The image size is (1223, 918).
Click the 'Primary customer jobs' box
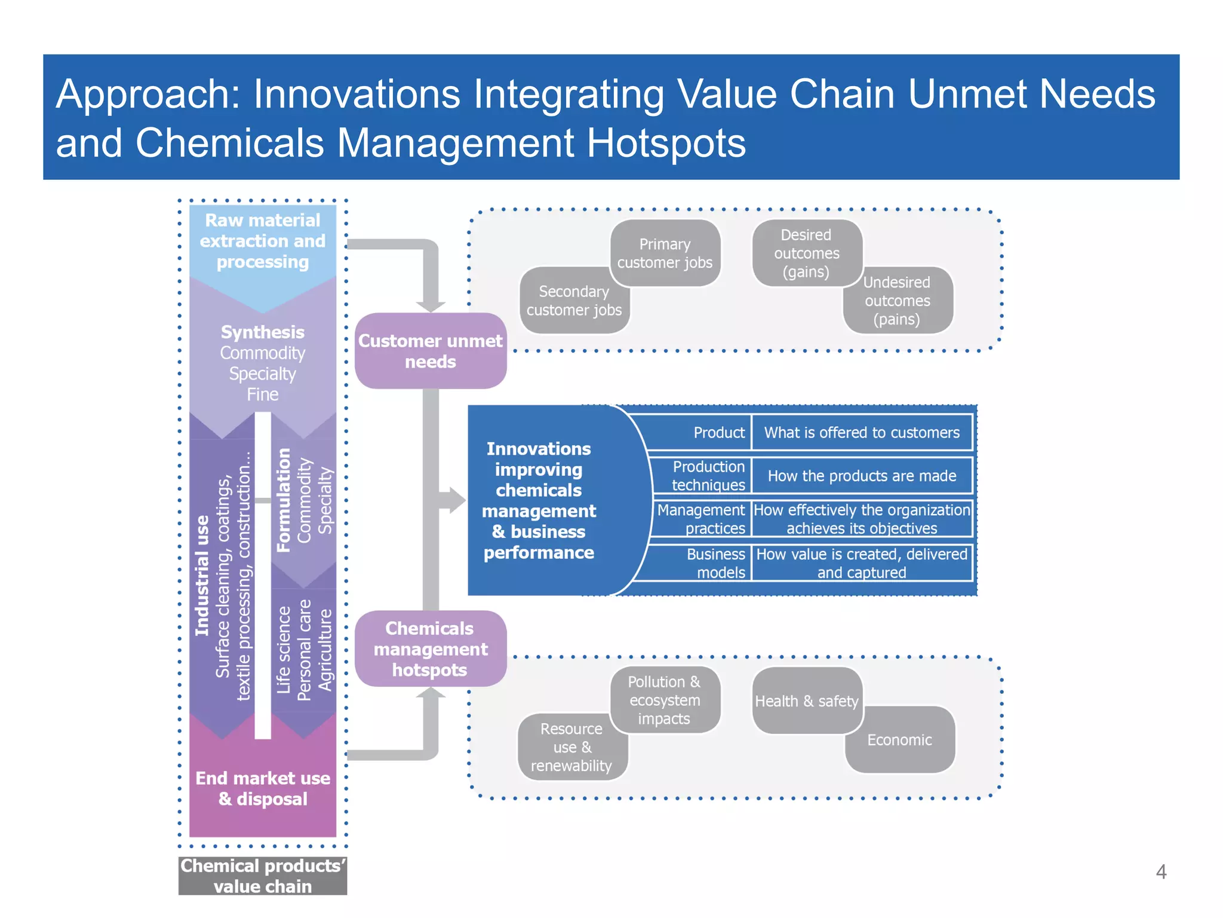pyautogui.click(x=665, y=253)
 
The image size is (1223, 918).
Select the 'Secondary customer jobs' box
pyautogui.click(x=574, y=301)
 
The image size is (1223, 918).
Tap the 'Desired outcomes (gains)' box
pyautogui.click(x=806, y=253)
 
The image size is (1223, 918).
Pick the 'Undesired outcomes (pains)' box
pyautogui.click(x=897, y=301)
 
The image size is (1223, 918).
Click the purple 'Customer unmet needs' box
pyautogui.click(x=430, y=351)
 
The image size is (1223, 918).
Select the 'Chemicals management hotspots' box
pyautogui.click(x=430, y=648)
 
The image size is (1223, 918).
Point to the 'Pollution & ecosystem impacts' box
pyautogui.click(x=664, y=700)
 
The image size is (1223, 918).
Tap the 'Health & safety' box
pyautogui.click(x=806, y=700)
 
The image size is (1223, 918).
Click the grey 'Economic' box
pyautogui.click(x=899, y=740)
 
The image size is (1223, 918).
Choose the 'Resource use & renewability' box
pyautogui.click(x=571, y=747)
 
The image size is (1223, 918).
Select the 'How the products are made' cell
pyautogui.click(x=862, y=476)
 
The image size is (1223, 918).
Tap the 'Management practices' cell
pyautogui.click(x=702, y=519)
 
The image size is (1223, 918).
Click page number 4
pyautogui.click(x=1161, y=871)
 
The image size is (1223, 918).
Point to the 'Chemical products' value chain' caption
pyautogui.click(x=263, y=876)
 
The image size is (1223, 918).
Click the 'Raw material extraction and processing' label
pyautogui.click(x=263, y=241)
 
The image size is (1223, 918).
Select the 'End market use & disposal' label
pyautogui.click(x=263, y=788)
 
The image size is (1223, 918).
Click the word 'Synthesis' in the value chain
pyautogui.click(x=263, y=332)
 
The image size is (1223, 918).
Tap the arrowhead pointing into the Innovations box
pyautogui.click(x=456, y=500)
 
